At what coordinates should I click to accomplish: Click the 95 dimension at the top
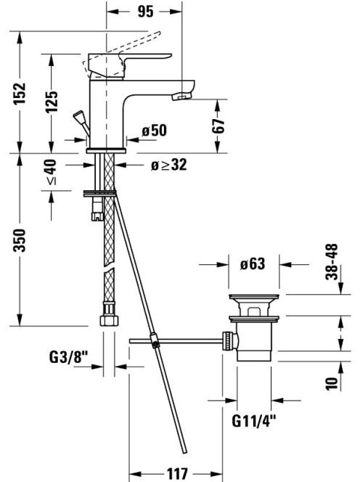pos(145,12)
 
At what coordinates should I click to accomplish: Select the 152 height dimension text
pos(20,93)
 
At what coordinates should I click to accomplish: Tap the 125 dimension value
pos(52,102)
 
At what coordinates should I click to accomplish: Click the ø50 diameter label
pos(155,131)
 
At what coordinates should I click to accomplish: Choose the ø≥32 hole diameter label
pos(169,165)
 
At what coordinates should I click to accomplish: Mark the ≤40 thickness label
pos(51,172)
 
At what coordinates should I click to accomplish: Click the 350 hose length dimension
pos(20,240)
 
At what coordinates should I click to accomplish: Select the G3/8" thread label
pos(68,357)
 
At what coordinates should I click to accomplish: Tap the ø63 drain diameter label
pos(253,264)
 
